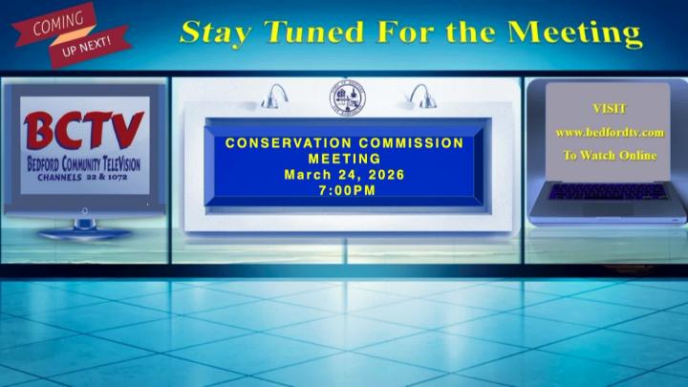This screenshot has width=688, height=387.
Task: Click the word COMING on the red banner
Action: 57,25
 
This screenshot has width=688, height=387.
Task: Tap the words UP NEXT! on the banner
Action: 94,44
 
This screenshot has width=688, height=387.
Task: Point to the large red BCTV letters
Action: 83,131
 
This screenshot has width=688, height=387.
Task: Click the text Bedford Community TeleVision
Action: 83,163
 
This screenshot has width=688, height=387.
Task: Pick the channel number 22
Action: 93,177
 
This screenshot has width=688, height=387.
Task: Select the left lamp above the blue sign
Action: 277,96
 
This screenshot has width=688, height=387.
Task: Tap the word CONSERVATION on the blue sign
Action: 285,143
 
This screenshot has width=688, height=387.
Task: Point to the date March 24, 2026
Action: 345,175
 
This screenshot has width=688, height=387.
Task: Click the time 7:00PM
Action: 346,190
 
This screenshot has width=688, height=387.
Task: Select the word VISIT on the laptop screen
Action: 610,109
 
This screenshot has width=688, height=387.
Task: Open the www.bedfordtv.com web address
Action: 610,132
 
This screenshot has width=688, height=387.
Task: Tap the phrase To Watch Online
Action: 610,155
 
